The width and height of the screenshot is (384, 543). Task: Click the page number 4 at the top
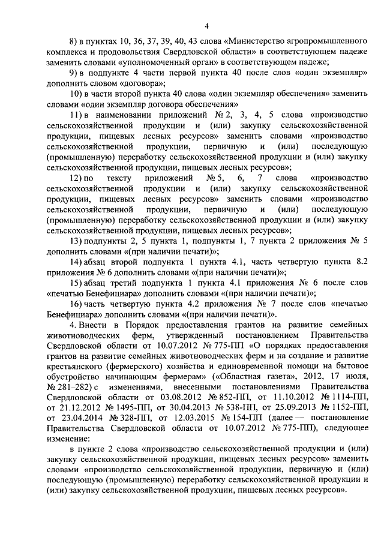click(206, 25)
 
